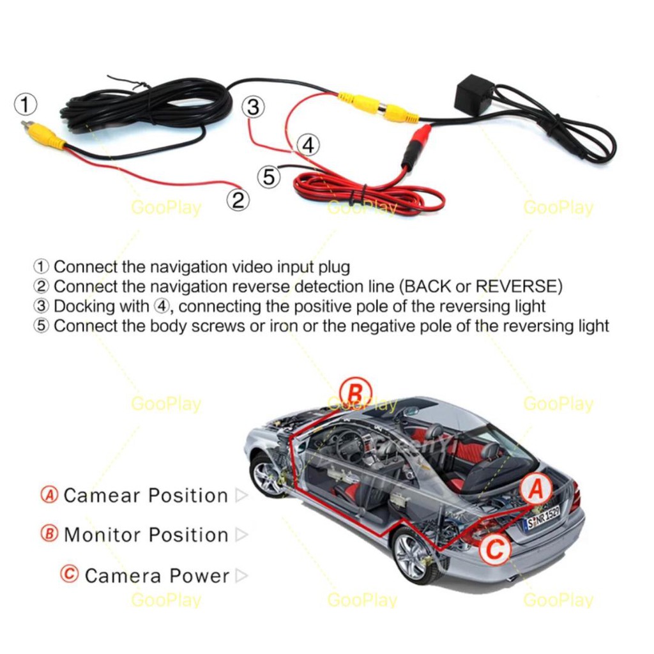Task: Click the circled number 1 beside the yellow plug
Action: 26,103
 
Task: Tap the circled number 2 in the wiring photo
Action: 238,200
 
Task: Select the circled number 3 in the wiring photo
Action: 254,107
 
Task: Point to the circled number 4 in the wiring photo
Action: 308,146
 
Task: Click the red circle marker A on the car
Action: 535,490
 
